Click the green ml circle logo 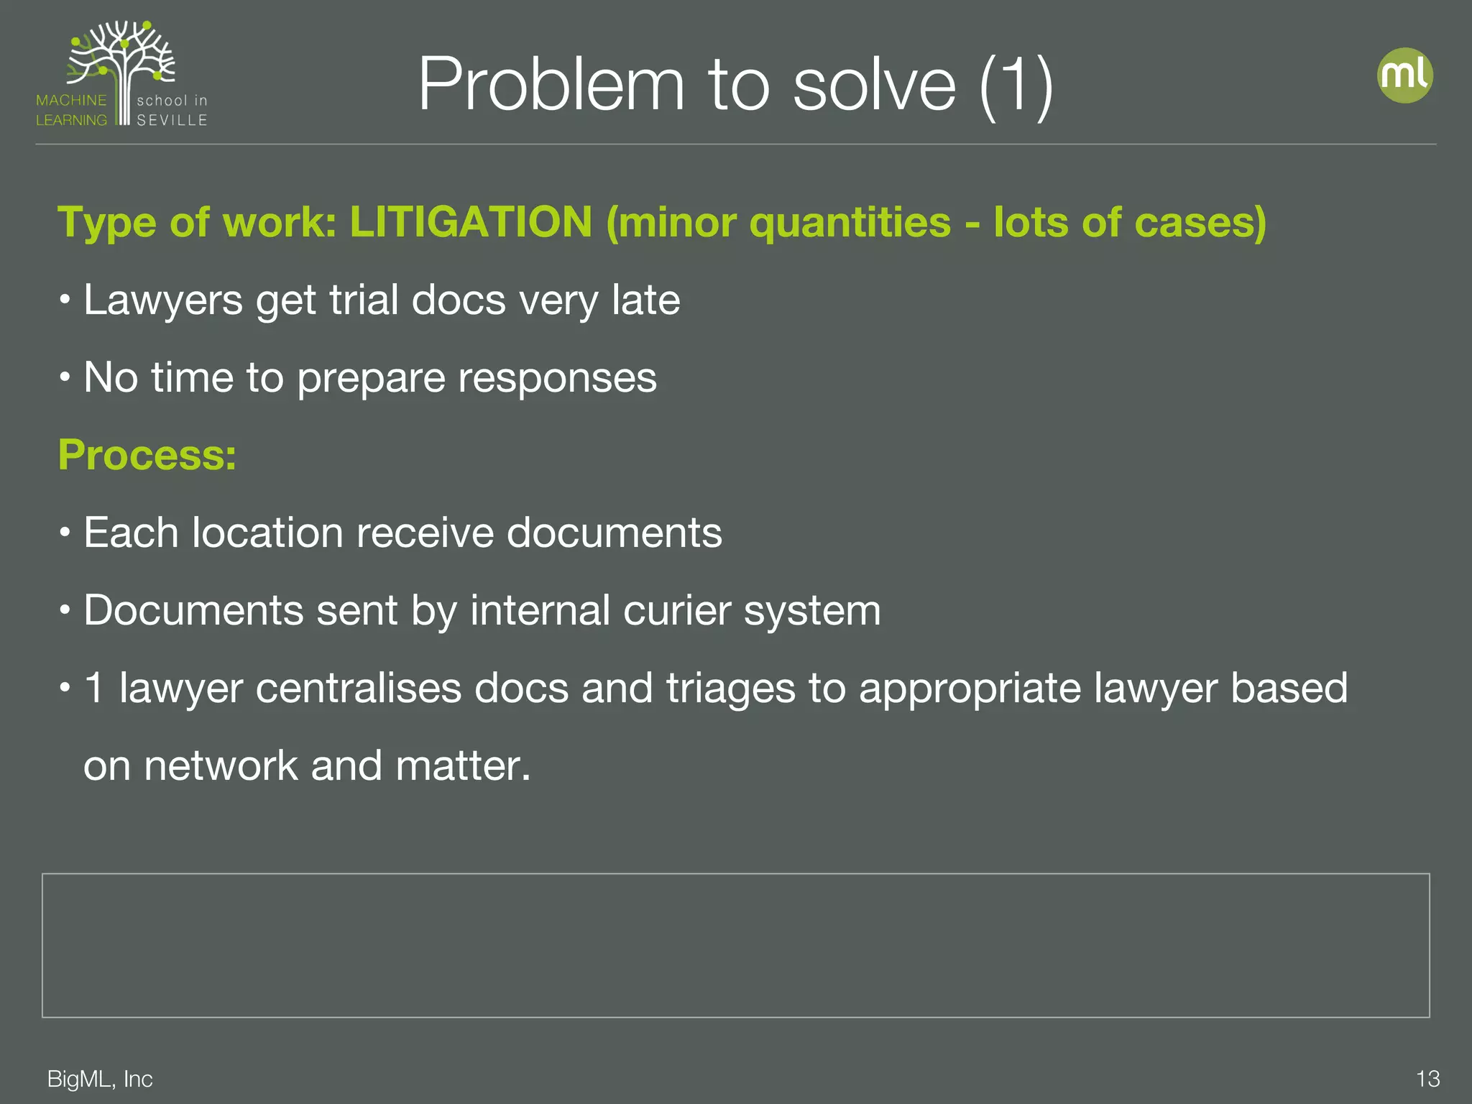(x=1404, y=75)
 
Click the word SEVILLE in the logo (x=172, y=120)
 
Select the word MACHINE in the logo (x=71, y=101)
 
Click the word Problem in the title (x=551, y=85)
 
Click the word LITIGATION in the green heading (x=471, y=222)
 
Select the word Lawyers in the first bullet (x=163, y=300)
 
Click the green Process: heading (x=147, y=455)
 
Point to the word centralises (x=358, y=688)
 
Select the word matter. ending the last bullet (x=463, y=765)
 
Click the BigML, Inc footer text (x=100, y=1079)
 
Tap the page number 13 (x=1427, y=1079)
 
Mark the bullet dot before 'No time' (x=65, y=377)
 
